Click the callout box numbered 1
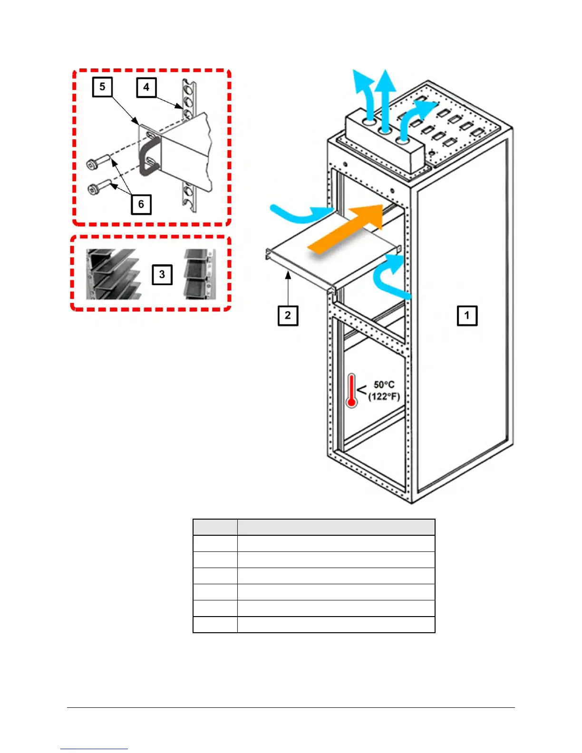[x=467, y=316]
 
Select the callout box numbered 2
[x=288, y=316]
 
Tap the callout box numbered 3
[x=162, y=275]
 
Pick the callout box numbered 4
[x=146, y=87]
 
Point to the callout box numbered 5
[x=102, y=87]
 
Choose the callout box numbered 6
[x=141, y=204]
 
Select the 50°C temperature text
[x=384, y=385]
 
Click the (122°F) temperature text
[x=384, y=396]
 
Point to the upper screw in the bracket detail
[x=98, y=161]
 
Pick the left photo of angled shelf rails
[x=114, y=274]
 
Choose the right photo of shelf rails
[x=200, y=274]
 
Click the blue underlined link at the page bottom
[x=94, y=748]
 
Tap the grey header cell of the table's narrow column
[x=215, y=527]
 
